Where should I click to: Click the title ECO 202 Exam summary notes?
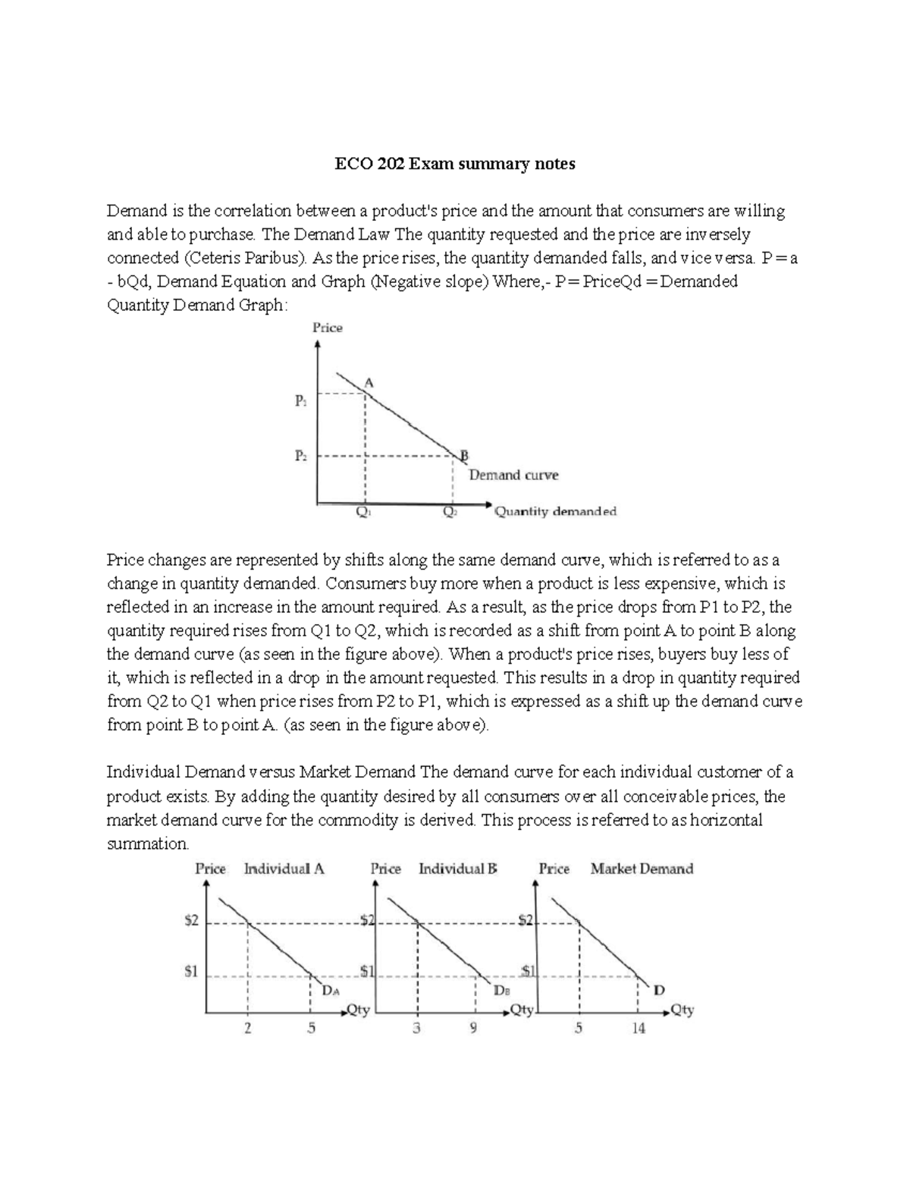(455, 164)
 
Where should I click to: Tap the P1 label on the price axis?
(301, 401)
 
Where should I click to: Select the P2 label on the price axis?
(301, 456)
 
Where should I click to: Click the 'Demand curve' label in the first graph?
(513, 476)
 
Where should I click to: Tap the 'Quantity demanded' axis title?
(555, 512)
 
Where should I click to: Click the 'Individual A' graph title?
(284, 869)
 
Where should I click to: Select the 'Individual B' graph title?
(457, 869)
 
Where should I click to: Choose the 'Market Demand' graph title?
(642, 869)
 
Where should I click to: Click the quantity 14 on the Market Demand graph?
(639, 1029)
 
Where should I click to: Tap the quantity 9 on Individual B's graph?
(474, 1029)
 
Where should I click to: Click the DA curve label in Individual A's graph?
(331, 991)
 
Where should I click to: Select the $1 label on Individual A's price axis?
(192, 971)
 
